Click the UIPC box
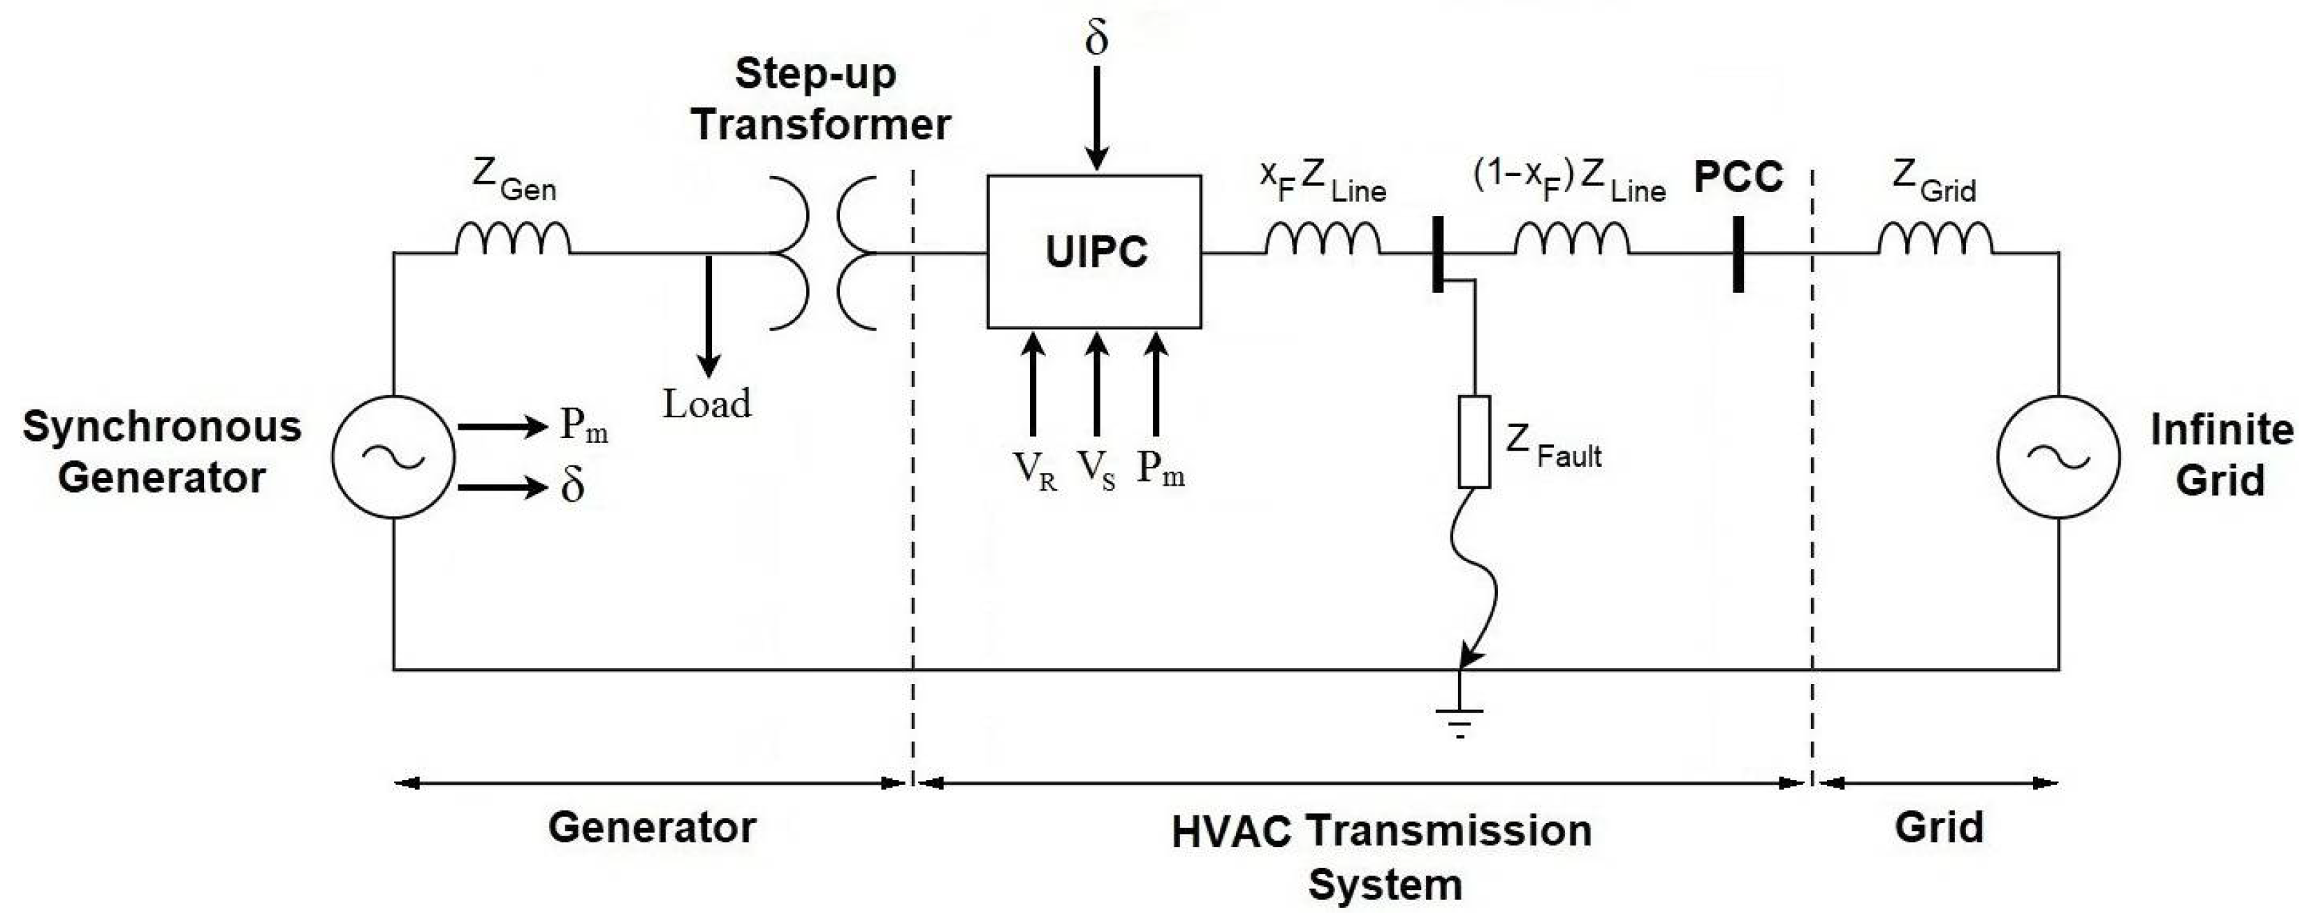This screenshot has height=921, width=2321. click(1094, 252)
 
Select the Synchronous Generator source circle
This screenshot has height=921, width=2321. click(393, 457)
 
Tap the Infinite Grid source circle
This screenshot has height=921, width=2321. click(2059, 457)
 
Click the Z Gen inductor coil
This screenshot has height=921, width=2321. click(513, 240)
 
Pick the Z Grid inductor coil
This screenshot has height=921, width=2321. click(1935, 240)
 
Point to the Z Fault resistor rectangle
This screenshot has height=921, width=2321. click(1474, 442)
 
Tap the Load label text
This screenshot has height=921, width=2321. click(707, 404)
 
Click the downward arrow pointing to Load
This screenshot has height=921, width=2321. click(709, 315)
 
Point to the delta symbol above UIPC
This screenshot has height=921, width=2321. click(1096, 38)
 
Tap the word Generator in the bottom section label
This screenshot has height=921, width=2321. click(651, 827)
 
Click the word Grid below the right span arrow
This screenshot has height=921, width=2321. click(1939, 827)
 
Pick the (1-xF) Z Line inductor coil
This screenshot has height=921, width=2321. click(1571, 240)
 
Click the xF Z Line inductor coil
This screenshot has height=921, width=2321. click(1322, 240)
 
